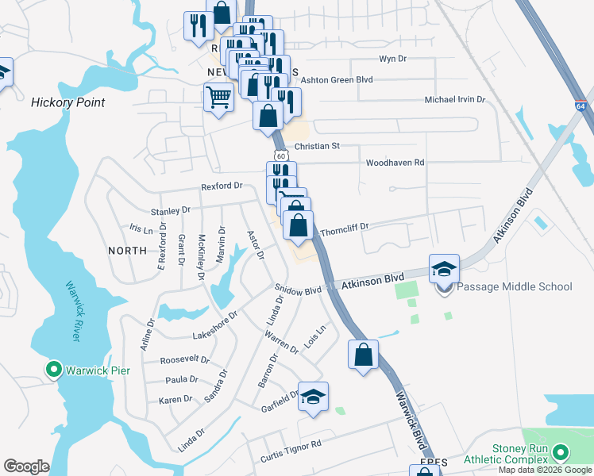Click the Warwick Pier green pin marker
54,370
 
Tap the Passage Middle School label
513,286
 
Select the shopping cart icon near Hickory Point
218,98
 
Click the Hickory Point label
68,102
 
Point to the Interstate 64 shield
581,106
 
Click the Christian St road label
317,146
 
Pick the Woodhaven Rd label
395,163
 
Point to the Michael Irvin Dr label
455,100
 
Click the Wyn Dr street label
392,59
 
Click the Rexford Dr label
222,186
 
